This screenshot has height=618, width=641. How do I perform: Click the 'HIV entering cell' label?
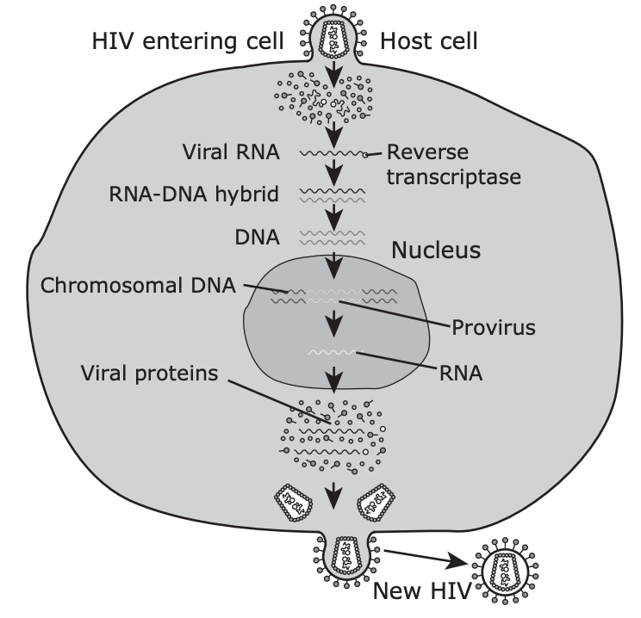188,41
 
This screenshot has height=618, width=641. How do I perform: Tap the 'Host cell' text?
429,41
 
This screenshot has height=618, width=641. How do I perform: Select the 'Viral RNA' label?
231,152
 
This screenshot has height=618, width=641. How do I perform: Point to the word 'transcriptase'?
454,177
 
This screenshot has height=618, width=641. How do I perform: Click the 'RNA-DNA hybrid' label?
194,194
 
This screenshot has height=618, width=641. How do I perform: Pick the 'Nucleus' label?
436,250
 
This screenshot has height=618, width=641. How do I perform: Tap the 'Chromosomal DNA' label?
138,285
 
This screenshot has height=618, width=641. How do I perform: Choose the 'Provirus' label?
494,327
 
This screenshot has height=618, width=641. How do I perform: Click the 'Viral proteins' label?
149,374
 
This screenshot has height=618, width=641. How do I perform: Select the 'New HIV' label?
422,590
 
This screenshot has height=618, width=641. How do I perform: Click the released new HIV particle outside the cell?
505,571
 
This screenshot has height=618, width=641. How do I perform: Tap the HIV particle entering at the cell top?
333,34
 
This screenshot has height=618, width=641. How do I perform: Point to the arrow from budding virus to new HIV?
426,558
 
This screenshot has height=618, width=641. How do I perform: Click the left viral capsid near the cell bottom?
293,503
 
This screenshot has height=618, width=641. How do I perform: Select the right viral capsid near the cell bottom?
377,503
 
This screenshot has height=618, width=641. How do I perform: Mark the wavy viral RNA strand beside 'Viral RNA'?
333,153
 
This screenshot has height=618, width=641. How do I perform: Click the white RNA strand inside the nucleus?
332,352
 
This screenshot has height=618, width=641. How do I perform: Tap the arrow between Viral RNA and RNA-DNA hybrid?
335,172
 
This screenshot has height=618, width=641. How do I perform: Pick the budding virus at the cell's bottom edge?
346,559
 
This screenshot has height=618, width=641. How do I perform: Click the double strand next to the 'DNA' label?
333,238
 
